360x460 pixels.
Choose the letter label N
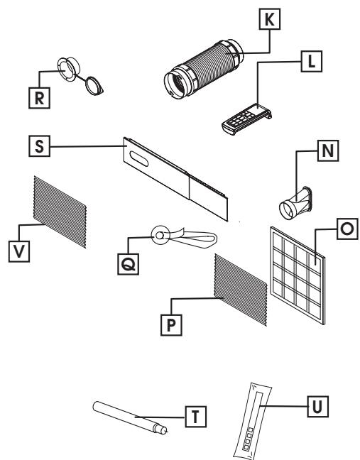pos(309,151)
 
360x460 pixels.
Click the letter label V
pos(23,232)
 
